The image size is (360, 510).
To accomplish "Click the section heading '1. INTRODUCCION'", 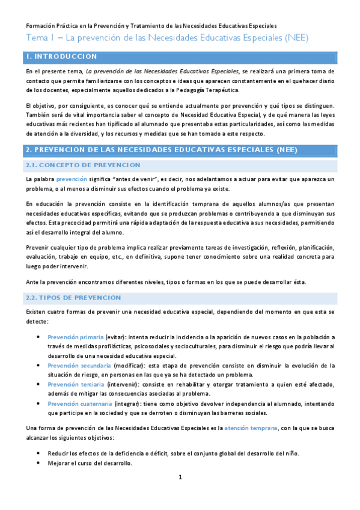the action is click(x=62, y=57).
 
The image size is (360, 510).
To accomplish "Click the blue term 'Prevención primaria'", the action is click(x=75, y=337).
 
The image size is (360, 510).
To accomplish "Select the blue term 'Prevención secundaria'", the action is click(x=79, y=365).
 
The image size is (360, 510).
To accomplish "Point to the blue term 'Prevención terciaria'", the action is click(x=75, y=384).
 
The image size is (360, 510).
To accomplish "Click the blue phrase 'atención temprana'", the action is click(x=251, y=428).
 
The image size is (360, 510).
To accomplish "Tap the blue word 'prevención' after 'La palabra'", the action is click(x=72, y=179).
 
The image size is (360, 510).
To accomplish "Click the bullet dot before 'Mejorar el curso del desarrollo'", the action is click(x=38, y=463).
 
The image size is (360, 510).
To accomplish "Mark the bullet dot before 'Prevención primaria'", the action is click(x=38, y=337).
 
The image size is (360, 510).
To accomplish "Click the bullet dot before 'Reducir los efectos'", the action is click(x=38, y=453).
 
